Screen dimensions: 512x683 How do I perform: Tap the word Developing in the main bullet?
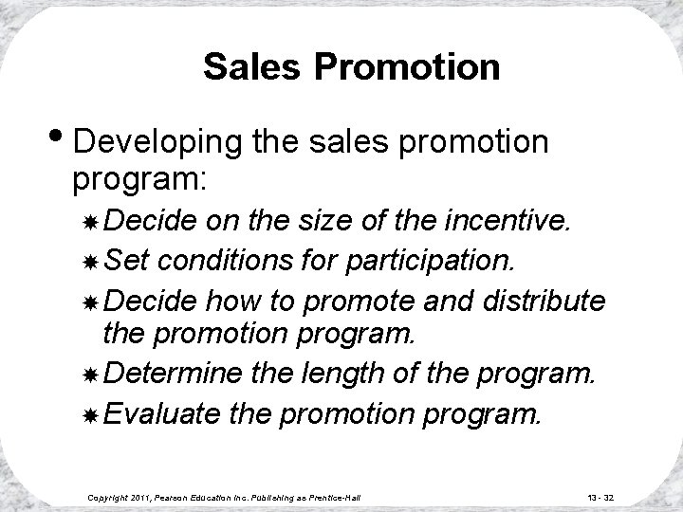pyautogui.click(x=160, y=142)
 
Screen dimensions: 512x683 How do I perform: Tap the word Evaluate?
pyautogui.click(x=154, y=412)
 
